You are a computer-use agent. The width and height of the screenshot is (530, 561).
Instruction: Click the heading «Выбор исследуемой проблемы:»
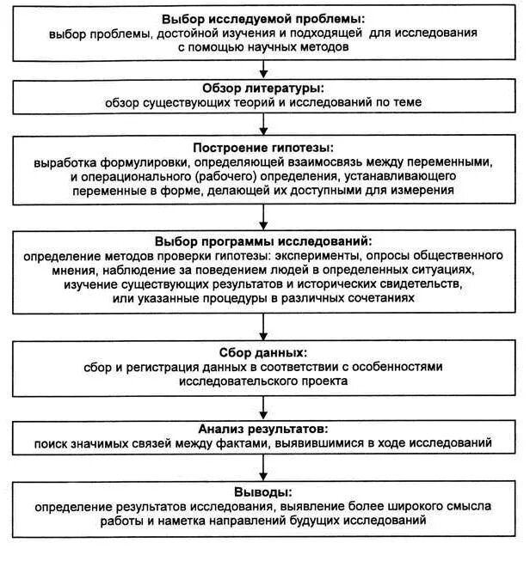[263, 18]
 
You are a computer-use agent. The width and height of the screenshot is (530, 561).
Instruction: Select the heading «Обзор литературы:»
[263, 88]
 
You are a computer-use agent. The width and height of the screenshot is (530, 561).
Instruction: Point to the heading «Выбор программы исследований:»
[263, 241]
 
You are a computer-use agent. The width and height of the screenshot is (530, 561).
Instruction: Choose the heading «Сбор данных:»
[263, 352]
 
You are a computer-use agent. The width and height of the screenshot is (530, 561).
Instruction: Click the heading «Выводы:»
[263, 492]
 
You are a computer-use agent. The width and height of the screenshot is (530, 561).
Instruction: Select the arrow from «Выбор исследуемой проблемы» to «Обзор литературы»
[263, 69]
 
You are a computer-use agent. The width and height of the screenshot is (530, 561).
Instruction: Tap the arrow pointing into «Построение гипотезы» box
[263, 125]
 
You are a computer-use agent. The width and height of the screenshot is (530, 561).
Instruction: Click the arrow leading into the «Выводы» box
[263, 469]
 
